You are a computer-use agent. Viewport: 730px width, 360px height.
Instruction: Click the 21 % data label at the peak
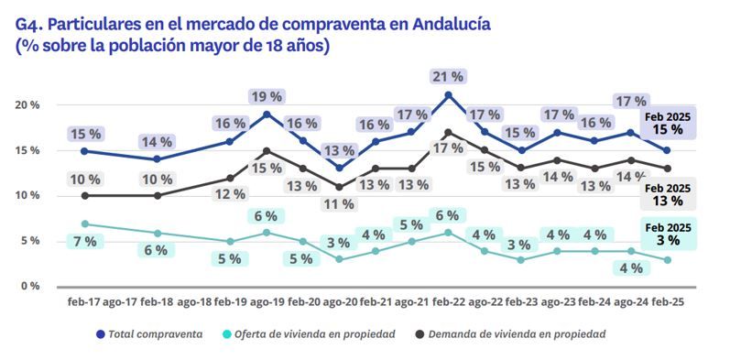tap(448, 76)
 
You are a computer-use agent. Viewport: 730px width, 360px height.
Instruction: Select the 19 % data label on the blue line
tap(267, 95)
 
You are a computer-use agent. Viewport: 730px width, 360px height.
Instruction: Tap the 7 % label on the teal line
tap(83, 241)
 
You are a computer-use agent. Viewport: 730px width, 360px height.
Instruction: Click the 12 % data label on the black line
tap(231, 194)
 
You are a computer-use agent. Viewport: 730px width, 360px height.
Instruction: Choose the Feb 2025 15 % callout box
tap(667, 123)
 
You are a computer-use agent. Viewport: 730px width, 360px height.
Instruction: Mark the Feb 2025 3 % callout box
tap(668, 235)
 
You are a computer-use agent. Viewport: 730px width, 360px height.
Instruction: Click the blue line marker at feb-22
tap(448, 95)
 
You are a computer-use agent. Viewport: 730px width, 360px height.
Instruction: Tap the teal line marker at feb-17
tap(84, 224)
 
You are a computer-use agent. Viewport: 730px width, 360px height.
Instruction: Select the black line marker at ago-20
tap(339, 187)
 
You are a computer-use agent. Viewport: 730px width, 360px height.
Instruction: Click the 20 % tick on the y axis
tap(28, 105)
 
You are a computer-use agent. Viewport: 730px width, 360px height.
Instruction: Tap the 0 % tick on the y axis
tap(31, 286)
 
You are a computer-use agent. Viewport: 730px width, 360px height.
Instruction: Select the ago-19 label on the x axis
tap(266, 300)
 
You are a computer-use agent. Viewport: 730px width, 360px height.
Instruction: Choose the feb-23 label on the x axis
tap(521, 300)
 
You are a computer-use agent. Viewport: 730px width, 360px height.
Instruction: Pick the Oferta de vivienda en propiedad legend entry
tap(311, 334)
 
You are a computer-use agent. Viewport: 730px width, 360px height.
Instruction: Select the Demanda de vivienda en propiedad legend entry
tap(512, 334)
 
